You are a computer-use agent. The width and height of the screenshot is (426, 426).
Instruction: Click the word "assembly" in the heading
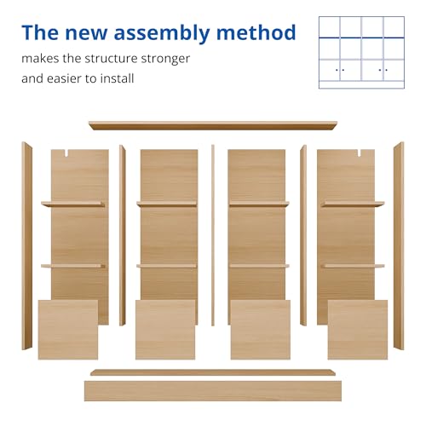coord(162,33)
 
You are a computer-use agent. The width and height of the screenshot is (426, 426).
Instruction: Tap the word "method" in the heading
coord(256,32)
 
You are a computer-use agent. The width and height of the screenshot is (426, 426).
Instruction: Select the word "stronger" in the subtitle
coord(165,60)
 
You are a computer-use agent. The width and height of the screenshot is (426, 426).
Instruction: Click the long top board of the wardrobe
coord(213,125)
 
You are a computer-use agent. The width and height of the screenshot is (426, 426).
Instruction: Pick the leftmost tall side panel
coord(26,246)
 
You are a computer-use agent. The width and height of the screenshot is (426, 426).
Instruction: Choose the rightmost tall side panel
coord(399,246)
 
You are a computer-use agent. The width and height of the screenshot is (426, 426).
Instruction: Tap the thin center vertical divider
coord(213,235)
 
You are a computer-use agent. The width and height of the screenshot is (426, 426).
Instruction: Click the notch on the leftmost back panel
coord(67,153)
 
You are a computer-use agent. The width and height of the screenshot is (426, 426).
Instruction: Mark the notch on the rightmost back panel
coord(359,153)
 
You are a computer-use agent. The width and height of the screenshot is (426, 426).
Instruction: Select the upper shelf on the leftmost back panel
coord(73,204)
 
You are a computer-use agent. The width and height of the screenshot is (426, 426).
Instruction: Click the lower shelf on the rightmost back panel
coord(353,266)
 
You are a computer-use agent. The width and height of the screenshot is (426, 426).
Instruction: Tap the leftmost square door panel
coord(68,330)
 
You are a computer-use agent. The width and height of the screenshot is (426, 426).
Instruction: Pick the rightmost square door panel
coord(358,330)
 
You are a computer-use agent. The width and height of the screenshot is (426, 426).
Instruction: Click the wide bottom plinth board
coord(213,391)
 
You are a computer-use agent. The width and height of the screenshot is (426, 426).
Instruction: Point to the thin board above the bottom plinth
coord(213,372)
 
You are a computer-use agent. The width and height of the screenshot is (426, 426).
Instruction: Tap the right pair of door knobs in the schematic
coord(383,70)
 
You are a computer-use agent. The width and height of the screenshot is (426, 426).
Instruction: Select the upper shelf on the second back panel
coord(167,204)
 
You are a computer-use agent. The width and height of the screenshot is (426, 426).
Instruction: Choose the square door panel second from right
coord(261,330)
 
